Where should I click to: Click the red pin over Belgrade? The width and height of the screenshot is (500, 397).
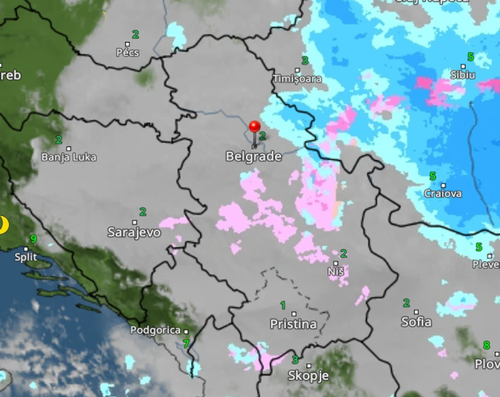(x=255, y=127)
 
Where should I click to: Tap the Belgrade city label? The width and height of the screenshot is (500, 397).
(x=254, y=156)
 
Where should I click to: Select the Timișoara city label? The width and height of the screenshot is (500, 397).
(x=297, y=79)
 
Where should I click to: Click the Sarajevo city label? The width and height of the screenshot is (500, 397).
(x=134, y=232)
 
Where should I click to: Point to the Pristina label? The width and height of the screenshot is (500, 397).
(x=293, y=324)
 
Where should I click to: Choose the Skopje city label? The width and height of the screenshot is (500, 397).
(x=309, y=376)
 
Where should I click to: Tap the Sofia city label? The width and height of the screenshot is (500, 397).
(x=416, y=322)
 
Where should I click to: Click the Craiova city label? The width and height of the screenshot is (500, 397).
(x=443, y=194)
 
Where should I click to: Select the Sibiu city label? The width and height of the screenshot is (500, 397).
(x=463, y=75)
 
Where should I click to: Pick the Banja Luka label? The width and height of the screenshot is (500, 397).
(x=69, y=158)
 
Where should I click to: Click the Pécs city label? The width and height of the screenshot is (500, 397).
(x=128, y=53)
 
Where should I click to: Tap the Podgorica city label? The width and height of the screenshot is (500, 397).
(x=156, y=330)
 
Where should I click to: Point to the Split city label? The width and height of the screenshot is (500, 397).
(x=26, y=258)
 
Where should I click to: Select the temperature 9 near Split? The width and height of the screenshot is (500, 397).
(x=34, y=239)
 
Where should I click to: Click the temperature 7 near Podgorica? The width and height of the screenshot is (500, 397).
(x=186, y=344)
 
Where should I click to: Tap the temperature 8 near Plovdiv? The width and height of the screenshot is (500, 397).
(x=486, y=345)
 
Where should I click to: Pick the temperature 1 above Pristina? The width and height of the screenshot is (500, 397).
(x=283, y=305)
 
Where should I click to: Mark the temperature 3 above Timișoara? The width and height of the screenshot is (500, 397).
(x=305, y=61)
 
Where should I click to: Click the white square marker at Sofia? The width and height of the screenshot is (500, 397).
(x=416, y=312)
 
